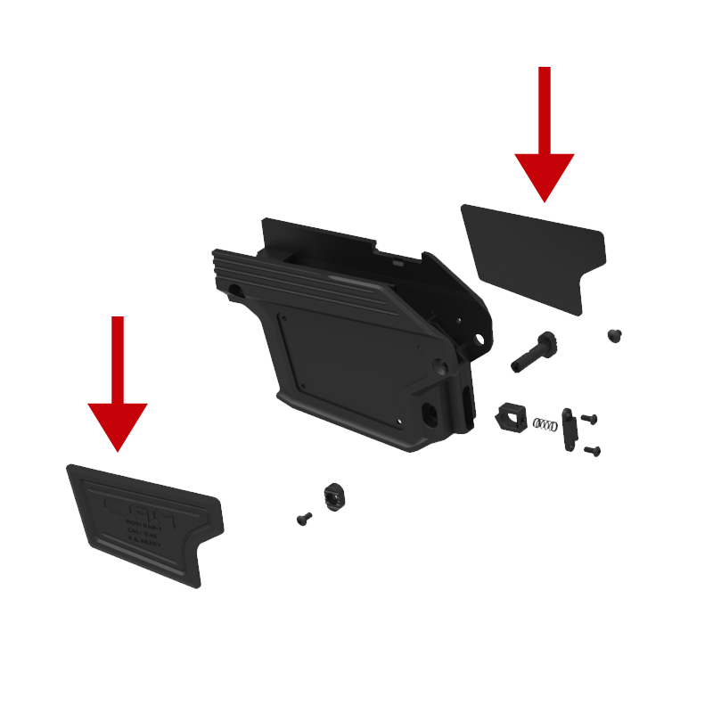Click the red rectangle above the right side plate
tap(544, 135)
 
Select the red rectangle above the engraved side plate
tap(118, 384)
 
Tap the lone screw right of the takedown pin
tap(614, 335)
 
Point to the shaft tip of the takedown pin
tap(517, 366)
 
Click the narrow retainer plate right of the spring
tap(569, 428)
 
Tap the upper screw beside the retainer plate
tap(588, 418)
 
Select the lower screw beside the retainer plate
tap(593, 451)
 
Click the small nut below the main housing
tap(333, 496)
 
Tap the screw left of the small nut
tap(304, 518)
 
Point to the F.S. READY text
tap(143, 539)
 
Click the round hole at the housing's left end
tap(234, 290)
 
